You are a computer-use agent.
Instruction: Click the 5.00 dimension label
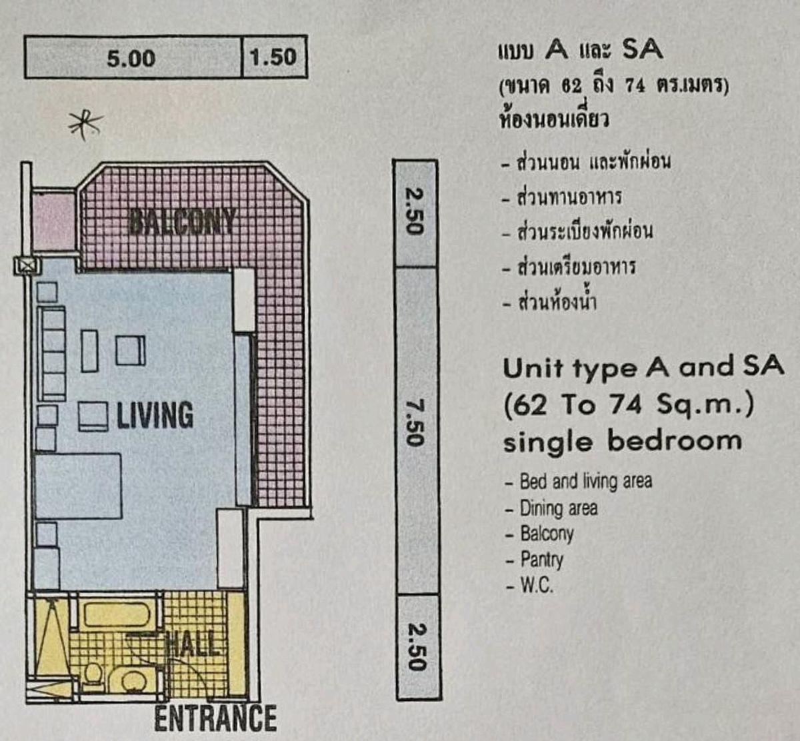pos(131,58)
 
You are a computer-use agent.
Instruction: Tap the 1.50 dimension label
pos(273,57)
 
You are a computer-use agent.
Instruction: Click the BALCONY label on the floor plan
pos(182,221)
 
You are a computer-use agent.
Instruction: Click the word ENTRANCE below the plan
pos(215,718)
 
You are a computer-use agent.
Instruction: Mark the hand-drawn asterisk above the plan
pos(85,125)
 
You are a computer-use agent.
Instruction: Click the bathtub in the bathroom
pos(117,614)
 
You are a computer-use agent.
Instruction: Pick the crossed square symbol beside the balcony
pos(27,266)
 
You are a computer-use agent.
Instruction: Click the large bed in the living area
pos(78,486)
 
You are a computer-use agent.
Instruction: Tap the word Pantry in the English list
pos(541,560)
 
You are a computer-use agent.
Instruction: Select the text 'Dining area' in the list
pos(559,508)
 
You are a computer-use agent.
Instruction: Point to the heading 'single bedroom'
pos(623,442)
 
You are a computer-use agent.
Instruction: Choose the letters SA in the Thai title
pos(643,49)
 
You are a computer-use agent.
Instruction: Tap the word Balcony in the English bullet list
pos(547,534)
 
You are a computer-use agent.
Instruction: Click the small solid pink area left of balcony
pos(53,222)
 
